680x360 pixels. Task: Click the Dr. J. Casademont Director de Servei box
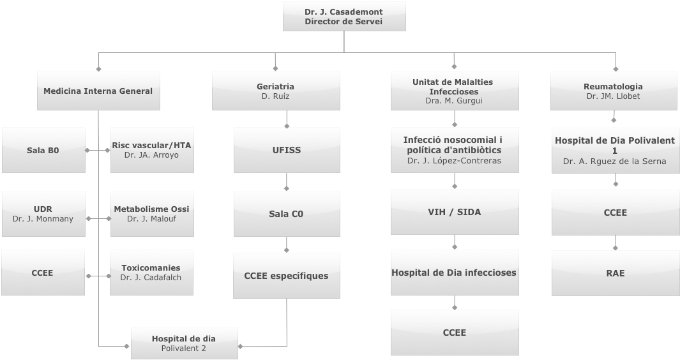point(344,17)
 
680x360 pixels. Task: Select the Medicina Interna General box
point(98,91)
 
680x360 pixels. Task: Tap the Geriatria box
point(275,91)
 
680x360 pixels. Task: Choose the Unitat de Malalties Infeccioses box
point(454,91)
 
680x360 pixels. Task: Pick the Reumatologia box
point(613,91)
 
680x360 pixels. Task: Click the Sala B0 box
point(43,151)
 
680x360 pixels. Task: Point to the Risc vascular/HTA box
point(151,150)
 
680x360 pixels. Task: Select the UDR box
point(43,214)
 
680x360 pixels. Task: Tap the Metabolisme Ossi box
point(151,214)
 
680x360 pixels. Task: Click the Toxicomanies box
point(151,273)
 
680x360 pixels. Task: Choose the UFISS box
point(286,151)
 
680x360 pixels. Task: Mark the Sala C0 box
point(286,214)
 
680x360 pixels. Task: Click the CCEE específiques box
point(286,276)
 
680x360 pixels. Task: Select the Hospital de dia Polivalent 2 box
point(184,343)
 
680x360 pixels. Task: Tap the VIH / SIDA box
point(454,213)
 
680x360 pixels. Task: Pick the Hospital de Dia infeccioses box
point(454,273)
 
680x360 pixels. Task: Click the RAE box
point(616,273)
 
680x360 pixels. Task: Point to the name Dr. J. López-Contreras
point(454,161)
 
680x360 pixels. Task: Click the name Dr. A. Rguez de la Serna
point(614,161)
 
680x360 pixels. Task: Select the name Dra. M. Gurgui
point(454,101)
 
